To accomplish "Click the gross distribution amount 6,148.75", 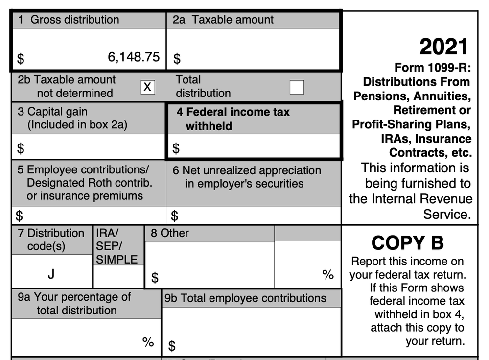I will point(134,57).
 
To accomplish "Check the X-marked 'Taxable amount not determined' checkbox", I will point(148,87).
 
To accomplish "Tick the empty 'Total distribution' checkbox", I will point(296,87).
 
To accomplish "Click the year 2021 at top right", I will point(444,47).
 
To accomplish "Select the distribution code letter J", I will point(51,274).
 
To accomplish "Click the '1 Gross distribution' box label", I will point(69,20).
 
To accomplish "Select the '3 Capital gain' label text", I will point(53,112).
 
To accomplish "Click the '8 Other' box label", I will point(169,233).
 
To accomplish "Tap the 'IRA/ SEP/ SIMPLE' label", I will point(116,246).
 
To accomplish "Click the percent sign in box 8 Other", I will point(328,274).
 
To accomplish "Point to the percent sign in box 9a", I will point(148,342).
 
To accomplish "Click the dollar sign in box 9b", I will point(172,346).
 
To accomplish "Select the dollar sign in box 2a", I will point(177,59).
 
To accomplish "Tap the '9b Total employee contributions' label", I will point(245,298).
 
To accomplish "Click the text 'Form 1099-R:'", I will point(432,68).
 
